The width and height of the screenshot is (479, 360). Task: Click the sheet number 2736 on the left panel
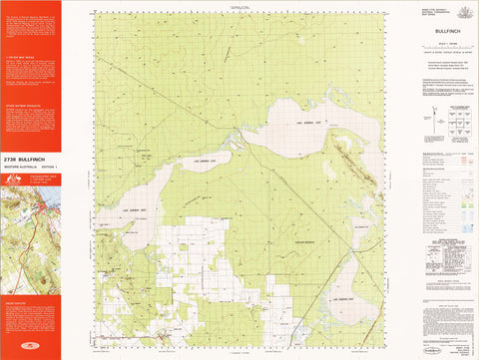11,158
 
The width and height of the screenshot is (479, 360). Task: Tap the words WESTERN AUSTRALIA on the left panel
21,165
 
